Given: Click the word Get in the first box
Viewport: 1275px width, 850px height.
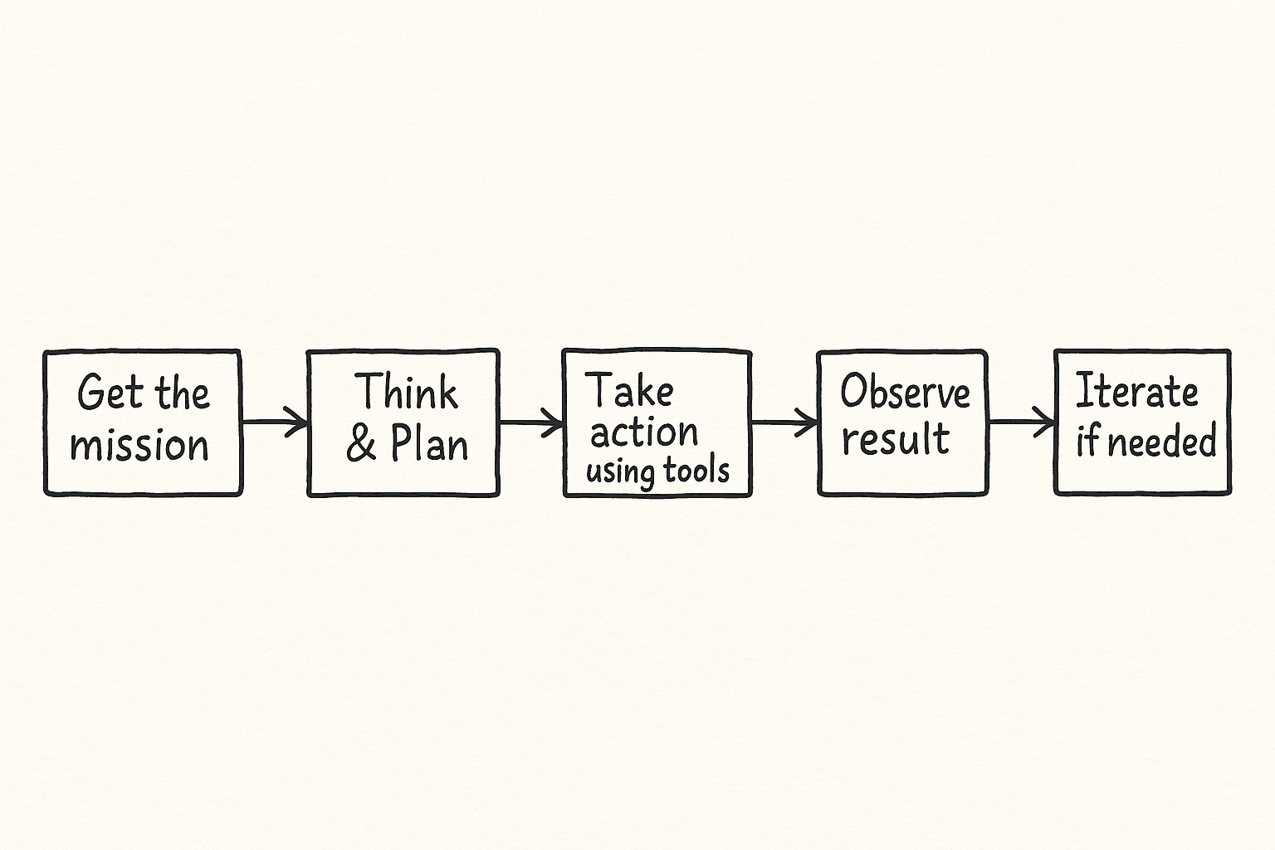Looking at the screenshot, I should click(110, 392).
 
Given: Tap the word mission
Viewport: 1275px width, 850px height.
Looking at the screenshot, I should click(139, 445).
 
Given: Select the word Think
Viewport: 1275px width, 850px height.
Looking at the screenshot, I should click(406, 391).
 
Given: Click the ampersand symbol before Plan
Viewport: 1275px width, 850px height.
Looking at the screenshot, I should click(361, 444).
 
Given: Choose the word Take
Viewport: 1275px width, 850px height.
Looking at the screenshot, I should click(629, 390).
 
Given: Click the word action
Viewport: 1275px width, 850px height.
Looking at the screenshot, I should click(644, 432).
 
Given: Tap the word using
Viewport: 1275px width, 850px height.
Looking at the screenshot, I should click(619, 472).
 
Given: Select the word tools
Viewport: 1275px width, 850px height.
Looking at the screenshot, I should click(696, 471).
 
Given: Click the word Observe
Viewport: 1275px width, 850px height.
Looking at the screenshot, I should click(905, 391).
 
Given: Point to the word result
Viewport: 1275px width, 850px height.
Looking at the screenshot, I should click(896, 439).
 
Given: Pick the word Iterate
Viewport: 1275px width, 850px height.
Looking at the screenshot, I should click(1136, 391).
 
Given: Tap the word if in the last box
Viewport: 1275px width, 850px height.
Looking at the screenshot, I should click(1087, 442).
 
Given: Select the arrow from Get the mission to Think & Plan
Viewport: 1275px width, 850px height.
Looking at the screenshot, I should click(275, 422).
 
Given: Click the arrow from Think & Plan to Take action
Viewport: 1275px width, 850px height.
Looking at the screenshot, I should click(531, 422).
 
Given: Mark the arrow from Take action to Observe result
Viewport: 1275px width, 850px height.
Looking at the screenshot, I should click(784, 422).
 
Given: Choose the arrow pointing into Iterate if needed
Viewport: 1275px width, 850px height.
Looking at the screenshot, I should click(1022, 422).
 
